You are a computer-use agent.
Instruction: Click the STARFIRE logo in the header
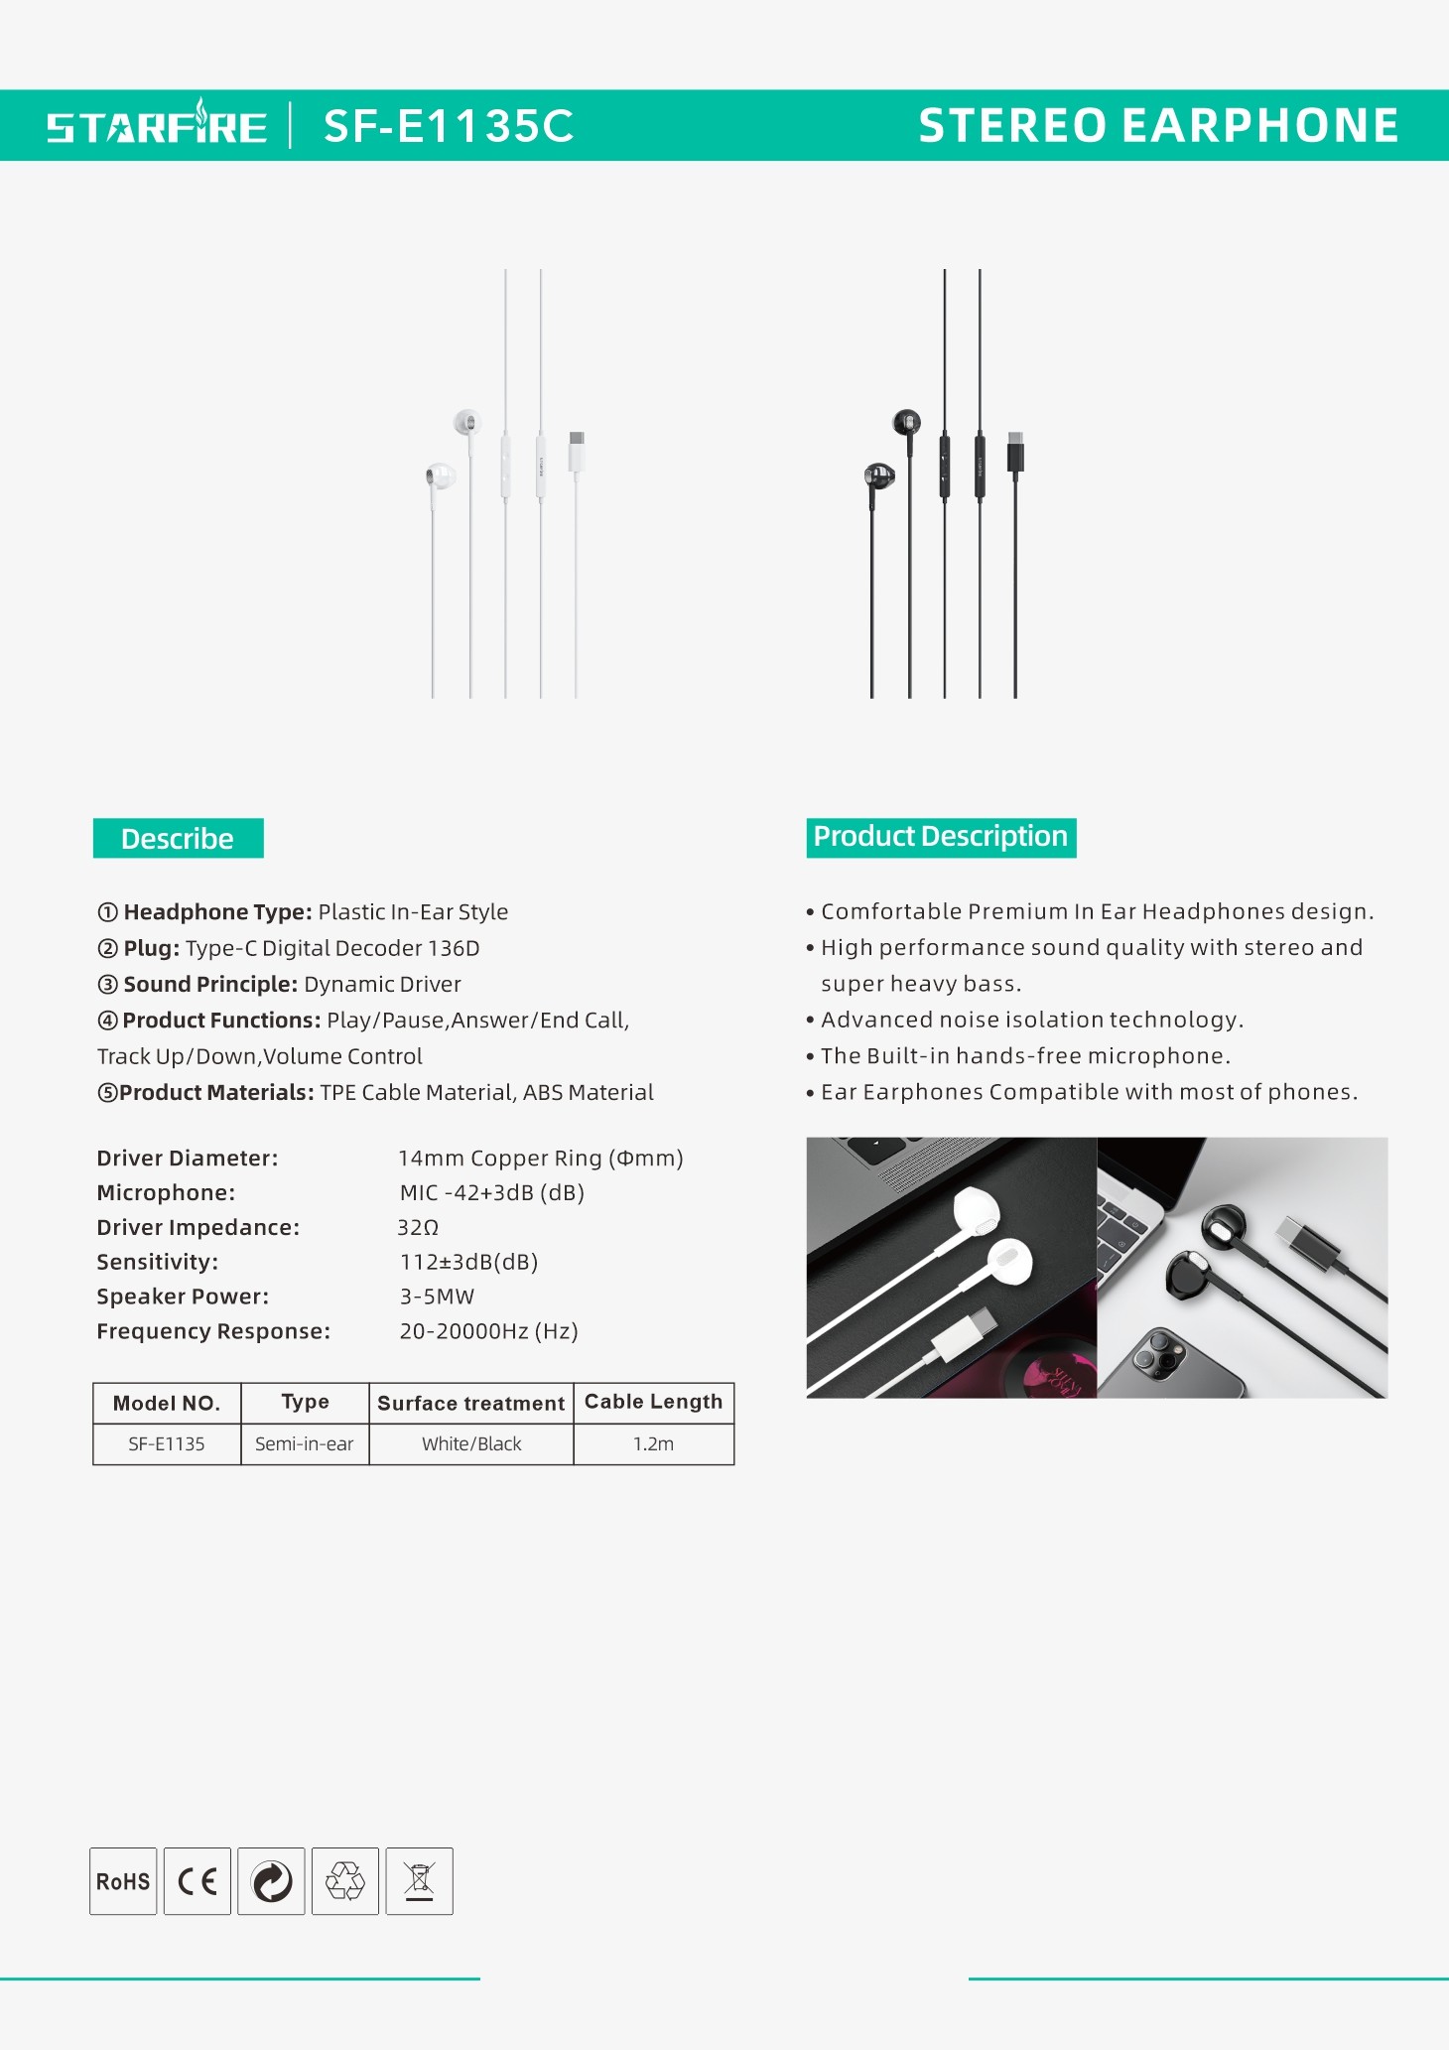click(x=157, y=126)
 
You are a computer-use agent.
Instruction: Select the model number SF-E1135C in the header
click(x=449, y=126)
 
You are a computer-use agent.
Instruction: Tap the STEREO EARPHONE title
click(x=1158, y=126)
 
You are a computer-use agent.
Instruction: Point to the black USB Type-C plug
click(x=1015, y=452)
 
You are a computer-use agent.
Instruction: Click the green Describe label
click(x=178, y=839)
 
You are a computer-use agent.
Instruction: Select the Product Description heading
click(x=941, y=837)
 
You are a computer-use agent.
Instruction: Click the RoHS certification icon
click(x=123, y=1881)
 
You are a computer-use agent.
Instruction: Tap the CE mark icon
click(x=198, y=1881)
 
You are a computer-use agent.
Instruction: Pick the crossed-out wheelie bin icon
click(x=419, y=1881)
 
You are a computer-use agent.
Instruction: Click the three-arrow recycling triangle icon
click(x=345, y=1881)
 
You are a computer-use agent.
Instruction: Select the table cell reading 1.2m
click(x=653, y=1444)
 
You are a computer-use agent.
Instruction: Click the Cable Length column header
click(x=653, y=1402)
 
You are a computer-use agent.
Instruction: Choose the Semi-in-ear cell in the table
click(x=305, y=1444)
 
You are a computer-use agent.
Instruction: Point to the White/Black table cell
click(x=471, y=1444)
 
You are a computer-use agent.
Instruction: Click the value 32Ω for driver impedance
click(x=418, y=1228)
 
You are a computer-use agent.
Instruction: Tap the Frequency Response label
click(x=213, y=1331)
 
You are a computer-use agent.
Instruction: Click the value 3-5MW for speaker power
click(x=437, y=1297)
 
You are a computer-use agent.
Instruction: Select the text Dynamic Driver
click(x=382, y=985)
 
